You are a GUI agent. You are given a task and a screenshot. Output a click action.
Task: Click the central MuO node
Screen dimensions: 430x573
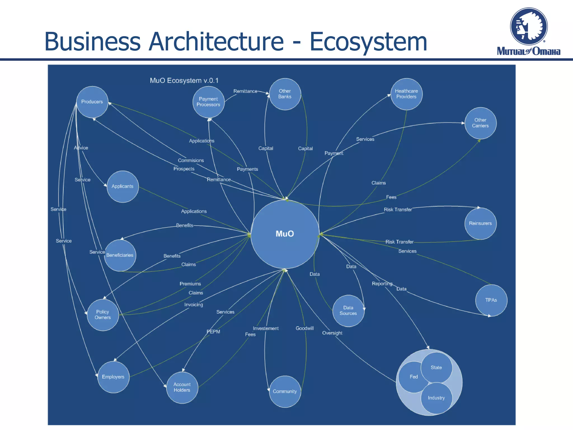(285, 234)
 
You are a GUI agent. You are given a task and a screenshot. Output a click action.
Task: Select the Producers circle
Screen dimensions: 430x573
(92, 102)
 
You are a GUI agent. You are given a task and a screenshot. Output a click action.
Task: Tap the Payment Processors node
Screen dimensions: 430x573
(208, 102)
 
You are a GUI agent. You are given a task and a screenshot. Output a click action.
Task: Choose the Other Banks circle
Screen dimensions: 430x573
(285, 94)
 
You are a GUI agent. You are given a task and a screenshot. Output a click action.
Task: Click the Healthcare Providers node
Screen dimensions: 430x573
(406, 94)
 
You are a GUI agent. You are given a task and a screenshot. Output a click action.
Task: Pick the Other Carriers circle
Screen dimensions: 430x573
(480, 123)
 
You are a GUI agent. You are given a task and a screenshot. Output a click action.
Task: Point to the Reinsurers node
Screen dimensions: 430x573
(480, 223)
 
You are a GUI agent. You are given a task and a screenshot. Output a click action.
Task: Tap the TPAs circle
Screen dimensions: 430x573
(491, 300)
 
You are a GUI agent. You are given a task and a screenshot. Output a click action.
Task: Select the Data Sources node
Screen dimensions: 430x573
(348, 311)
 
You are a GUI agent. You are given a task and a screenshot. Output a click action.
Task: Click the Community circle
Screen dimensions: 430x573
(285, 391)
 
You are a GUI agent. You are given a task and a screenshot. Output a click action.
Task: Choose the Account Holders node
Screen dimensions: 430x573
(182, 387)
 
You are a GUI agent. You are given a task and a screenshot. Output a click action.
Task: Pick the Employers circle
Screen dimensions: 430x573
(113, 377)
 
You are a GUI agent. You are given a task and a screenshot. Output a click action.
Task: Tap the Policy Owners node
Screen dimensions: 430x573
(103, 315)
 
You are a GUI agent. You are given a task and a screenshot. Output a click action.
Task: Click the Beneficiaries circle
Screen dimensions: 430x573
(120, 255)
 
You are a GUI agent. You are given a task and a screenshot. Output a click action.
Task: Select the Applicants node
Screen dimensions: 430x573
(123, 186)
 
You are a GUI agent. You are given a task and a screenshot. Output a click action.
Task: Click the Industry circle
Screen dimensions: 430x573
(436, 398)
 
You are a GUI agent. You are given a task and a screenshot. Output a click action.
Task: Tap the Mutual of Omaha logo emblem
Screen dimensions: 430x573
(529, 27)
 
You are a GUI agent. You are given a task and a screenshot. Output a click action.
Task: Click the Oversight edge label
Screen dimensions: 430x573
(332, 333)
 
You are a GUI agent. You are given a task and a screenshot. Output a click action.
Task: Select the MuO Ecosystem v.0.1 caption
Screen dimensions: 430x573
(184, 81)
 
